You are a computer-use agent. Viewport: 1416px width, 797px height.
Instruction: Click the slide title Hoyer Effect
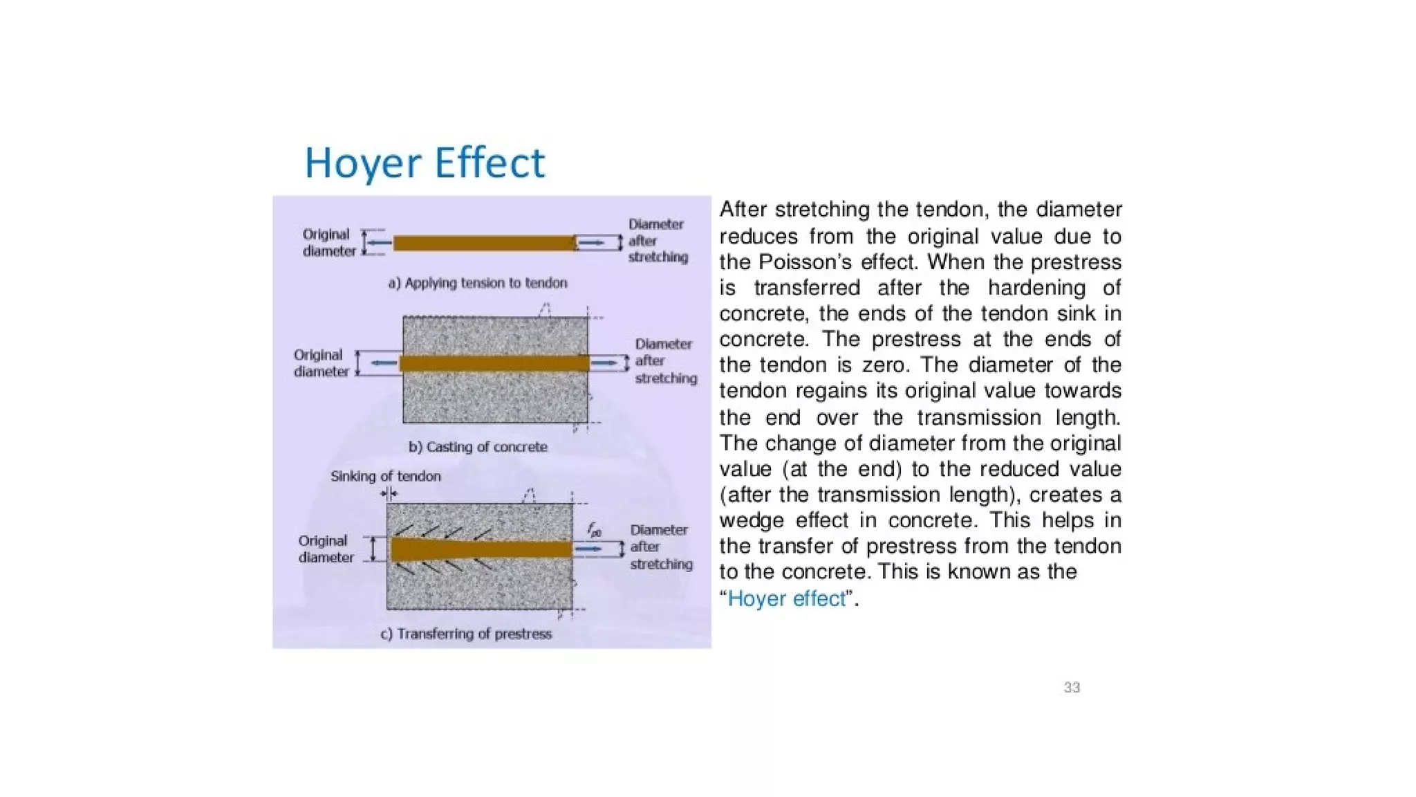coord(425,163)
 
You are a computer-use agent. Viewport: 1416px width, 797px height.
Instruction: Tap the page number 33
coord(1072,687)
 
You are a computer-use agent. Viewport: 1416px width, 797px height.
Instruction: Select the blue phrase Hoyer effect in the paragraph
coord(787,598)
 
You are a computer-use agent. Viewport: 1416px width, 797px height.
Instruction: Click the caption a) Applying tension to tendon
coord(478,283)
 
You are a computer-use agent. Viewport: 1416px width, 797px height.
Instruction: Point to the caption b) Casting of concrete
coord(478,447)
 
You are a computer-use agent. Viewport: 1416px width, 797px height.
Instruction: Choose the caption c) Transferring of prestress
coord(466,634)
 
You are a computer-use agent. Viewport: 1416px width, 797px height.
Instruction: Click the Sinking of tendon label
coord(385,476)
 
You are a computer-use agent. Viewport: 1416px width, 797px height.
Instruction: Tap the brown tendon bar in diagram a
coord(484,243)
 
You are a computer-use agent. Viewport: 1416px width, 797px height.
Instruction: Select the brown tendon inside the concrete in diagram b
coord(494,363)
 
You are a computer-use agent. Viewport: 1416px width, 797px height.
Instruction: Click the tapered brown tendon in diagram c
coord(481,549)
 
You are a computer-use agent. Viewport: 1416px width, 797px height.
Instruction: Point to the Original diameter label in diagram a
coord(328,243)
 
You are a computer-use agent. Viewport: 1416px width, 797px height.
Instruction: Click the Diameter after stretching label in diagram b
coord(665,361)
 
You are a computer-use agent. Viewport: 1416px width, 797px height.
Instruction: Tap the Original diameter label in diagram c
coord(326,549)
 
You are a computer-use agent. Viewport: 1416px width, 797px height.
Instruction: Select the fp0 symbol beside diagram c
coord(594,531)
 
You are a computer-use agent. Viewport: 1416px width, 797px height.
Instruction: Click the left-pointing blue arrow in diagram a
coord(379,243)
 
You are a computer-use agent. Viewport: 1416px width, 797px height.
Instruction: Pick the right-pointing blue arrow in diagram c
coord(589,549)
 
